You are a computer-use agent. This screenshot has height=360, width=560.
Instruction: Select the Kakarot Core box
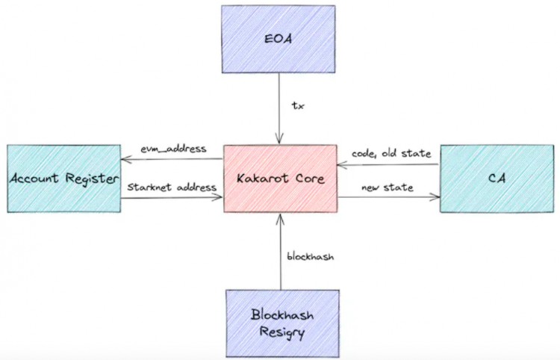pyautogui.click(x=280, y=179)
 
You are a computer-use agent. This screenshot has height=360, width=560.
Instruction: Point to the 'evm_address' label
pyautogui.click(x=173, y=149)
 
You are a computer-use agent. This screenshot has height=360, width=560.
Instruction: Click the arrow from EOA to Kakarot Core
pyautogui.click(x=279, y=105)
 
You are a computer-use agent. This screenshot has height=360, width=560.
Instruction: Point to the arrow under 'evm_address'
pyautogui.click(x=172, y=158)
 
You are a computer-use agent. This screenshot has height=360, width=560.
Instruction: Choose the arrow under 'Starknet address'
pyautogui.click(x=172, y=198)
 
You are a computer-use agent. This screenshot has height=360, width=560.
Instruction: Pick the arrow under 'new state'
pyautogui.click(x=388, y=198)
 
